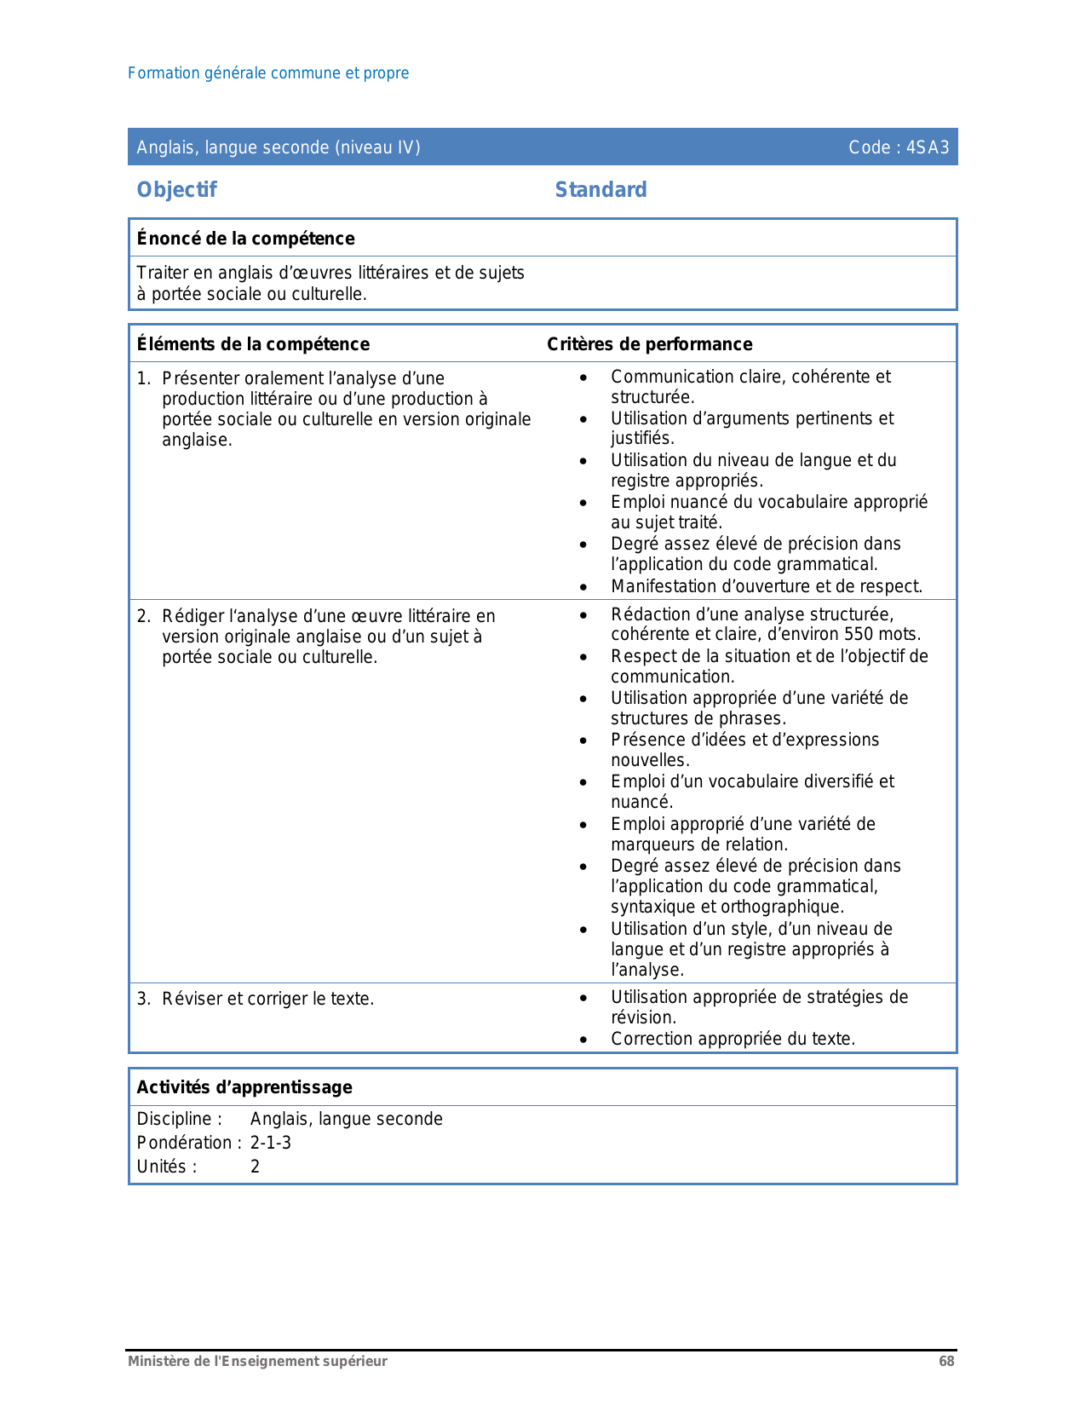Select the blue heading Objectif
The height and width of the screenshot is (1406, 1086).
176,189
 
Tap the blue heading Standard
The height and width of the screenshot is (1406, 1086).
600,189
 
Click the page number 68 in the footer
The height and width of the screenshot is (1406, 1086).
946,1361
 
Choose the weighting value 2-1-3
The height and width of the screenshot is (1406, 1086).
270,1143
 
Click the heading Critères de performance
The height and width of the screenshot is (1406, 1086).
649,343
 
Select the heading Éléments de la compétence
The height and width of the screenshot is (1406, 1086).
253,343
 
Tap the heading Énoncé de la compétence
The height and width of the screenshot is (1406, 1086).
245,239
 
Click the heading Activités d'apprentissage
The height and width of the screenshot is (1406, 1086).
244,1087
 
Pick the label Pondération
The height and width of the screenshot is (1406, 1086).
184,1143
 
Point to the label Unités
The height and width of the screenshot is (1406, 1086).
166,1167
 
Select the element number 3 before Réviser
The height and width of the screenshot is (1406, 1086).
143,999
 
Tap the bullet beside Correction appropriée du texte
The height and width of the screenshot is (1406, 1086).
583,1040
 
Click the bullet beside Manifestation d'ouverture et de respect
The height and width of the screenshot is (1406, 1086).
583,587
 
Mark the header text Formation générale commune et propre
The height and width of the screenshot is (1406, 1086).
268,73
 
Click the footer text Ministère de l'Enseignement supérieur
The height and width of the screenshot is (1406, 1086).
257,1361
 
